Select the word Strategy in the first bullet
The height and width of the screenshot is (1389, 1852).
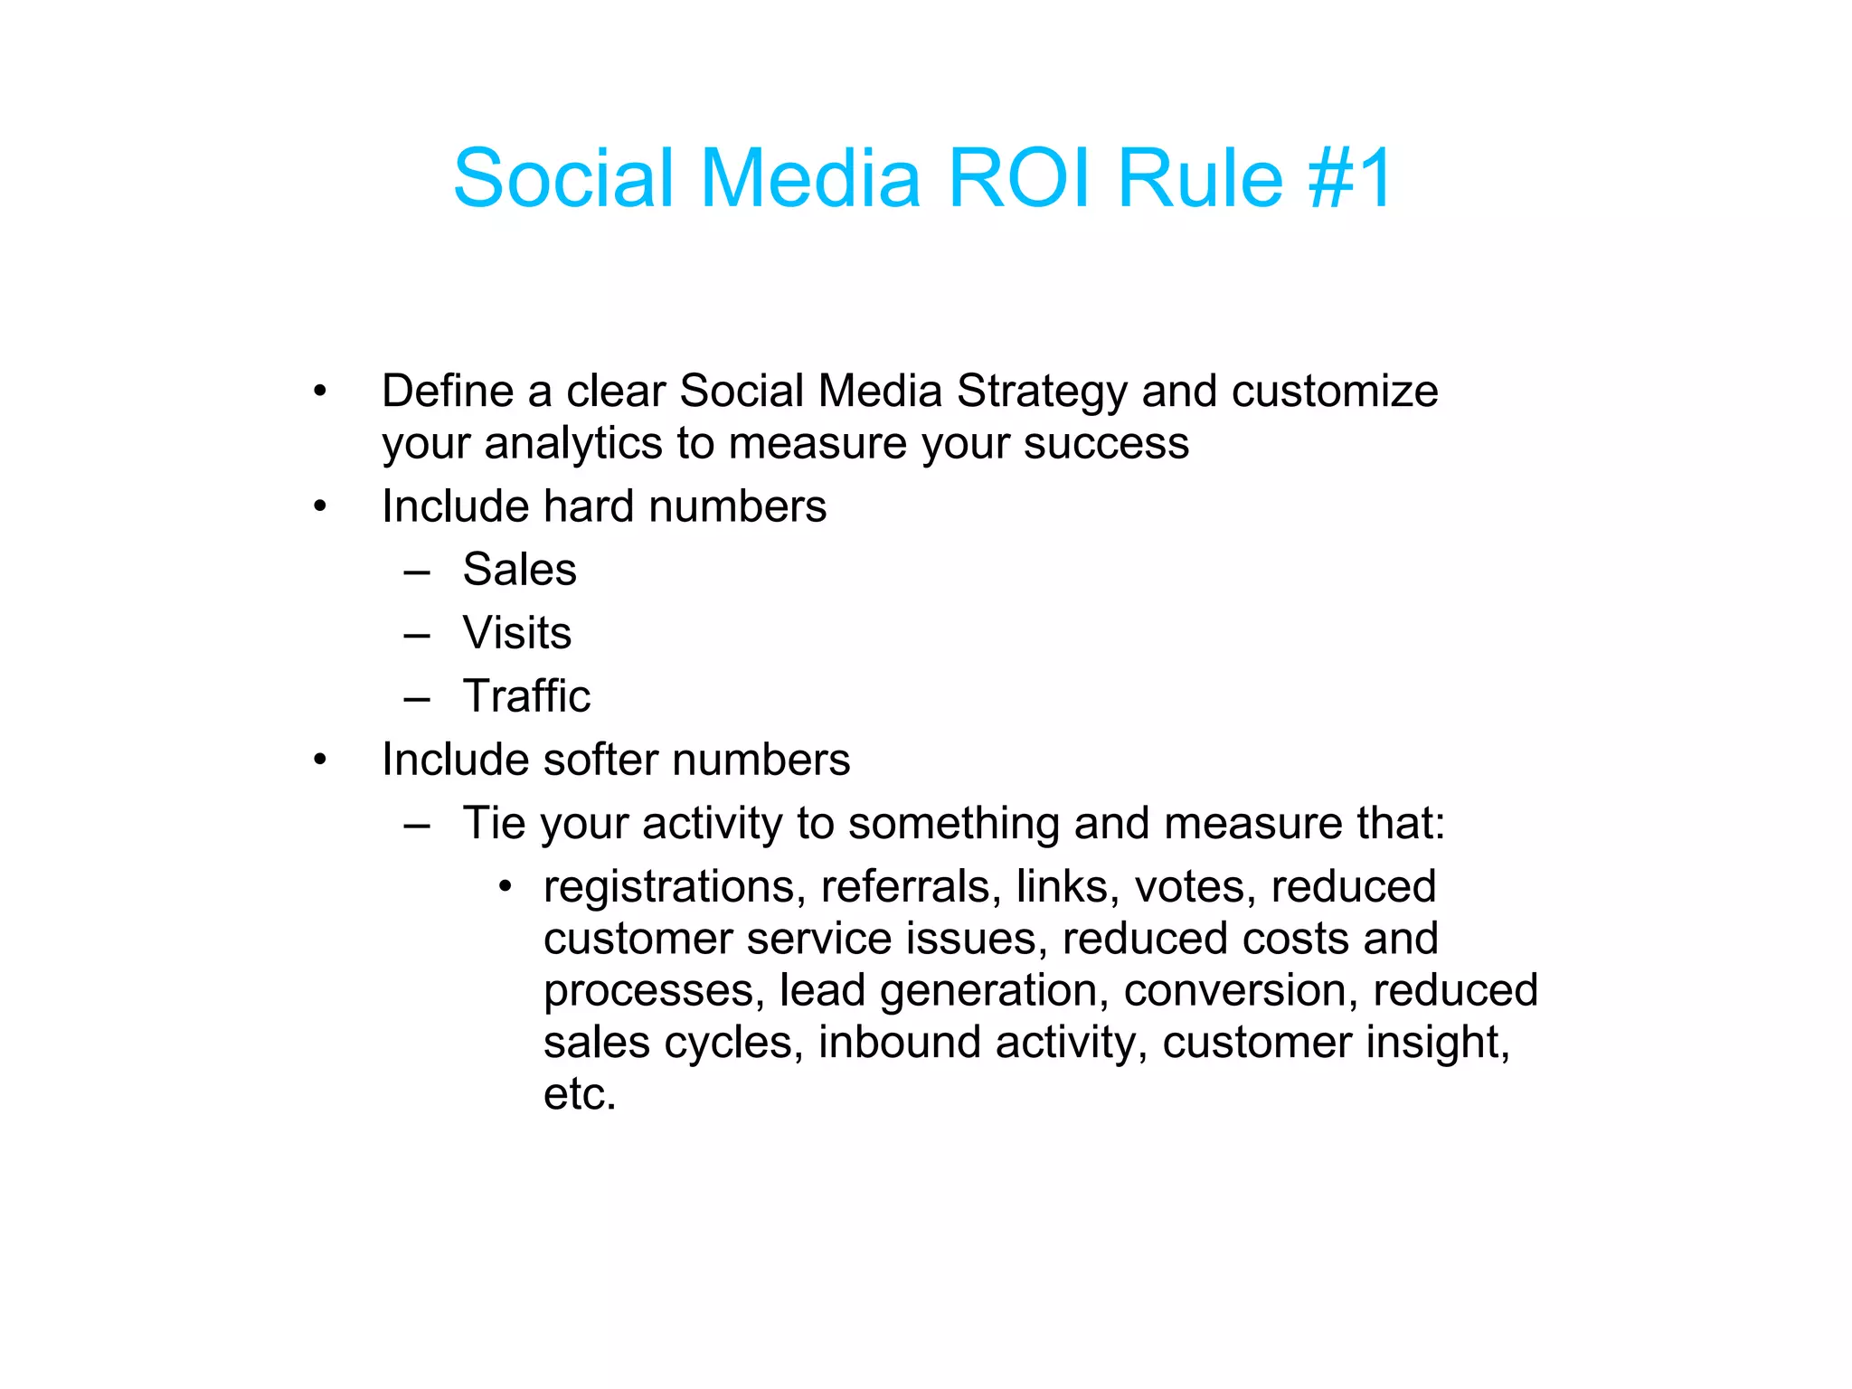[1042, 392]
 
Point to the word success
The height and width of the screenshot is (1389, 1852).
[1106, 444]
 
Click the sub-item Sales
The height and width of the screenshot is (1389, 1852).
[519, 570]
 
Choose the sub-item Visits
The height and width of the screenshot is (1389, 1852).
[516, 633]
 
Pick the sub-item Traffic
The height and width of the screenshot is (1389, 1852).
[526, 696]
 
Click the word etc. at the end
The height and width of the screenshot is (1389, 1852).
[579, 1094]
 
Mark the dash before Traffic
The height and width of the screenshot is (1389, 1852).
[417, 698]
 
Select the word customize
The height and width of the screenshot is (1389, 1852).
[1334, 392]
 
